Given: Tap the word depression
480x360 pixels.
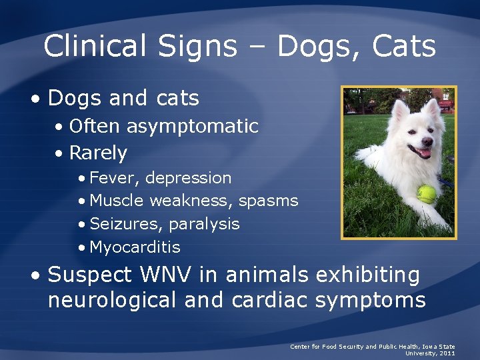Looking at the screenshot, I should click(x=189, y=178).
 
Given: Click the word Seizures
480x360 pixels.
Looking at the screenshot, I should click(x=125, y=224).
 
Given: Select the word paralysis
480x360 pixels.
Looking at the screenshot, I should click(x=204, y=224).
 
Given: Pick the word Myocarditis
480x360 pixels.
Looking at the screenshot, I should click(x=135, y=247).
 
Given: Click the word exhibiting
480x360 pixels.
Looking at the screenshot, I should click(x=368, y=275).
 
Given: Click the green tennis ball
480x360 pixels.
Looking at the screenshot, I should click(x=427, y=194).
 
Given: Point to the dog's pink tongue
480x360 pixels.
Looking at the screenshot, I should click(x=423, y=154).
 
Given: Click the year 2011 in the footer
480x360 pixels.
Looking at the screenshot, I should click(x=447, y=353).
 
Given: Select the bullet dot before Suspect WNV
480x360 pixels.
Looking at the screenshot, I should click(x=39, y=275).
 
